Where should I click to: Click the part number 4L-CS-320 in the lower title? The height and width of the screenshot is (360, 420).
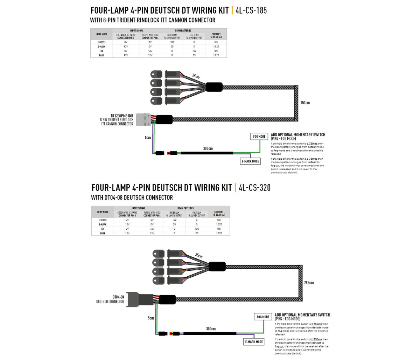[x=254, y=188]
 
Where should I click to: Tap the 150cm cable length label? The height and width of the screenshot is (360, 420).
[x=305, y=103]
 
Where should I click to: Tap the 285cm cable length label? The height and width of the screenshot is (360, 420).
[x=309, y=283]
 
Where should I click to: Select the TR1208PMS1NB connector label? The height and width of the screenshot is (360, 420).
[x=122, y=116]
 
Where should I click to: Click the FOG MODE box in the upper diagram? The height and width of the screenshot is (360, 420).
[x=259, y=136]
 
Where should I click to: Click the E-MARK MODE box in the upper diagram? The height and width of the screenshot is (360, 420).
[x=251, y=161]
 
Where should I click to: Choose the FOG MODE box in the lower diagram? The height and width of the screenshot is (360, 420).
[x=263, y=317]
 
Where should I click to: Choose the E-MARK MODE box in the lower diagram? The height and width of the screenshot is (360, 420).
[x=254, y=342]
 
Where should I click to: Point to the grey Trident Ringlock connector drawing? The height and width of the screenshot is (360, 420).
[x=143, y=119]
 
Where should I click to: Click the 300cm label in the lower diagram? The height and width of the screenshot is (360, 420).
[x=211, y=329]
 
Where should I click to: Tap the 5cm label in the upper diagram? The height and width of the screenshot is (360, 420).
[x=148, y=138]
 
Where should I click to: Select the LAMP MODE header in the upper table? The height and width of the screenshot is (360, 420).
[x=101, y=34]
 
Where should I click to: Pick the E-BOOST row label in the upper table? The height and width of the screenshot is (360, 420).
[x=101, y=42]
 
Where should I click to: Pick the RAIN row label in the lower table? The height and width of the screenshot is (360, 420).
[x=103, y=233]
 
